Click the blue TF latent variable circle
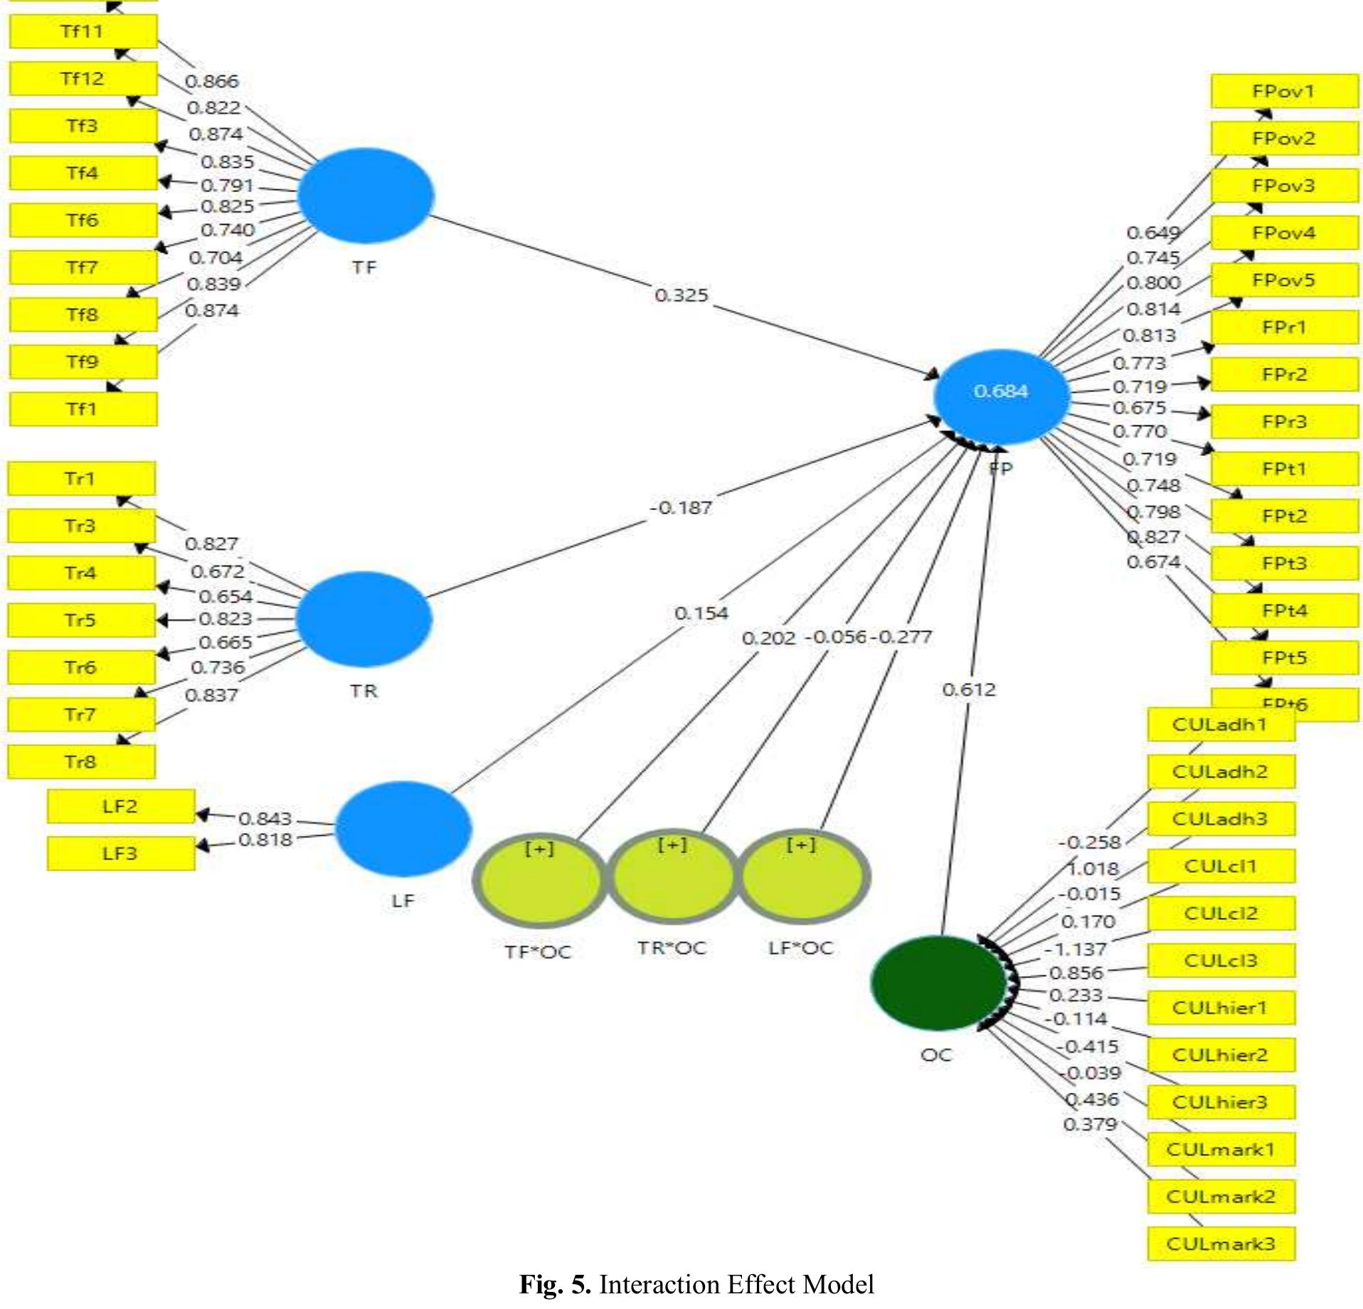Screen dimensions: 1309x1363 coord(364,196)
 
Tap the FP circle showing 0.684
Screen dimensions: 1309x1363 coord(1001,396)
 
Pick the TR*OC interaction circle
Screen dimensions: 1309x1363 coord(672,876)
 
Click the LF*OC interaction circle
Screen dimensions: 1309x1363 coord(802,876)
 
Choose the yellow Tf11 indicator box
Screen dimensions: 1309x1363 coord(83,31)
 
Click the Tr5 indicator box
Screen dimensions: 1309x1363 coord(81,620)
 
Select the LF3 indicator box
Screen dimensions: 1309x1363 coord(120,853)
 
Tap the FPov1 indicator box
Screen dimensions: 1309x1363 coord(1284,91)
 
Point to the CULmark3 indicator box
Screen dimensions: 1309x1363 coord(1221,1244)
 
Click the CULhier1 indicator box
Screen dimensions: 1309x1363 coord(1221,1007)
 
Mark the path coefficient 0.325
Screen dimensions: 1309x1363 coord(681,295)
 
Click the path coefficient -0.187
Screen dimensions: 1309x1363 coord(681,508)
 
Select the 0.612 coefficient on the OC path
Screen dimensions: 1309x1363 coord(969,689)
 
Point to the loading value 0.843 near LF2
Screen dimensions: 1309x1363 coord(265,818)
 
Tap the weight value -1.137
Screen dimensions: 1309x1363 coord(1076,949)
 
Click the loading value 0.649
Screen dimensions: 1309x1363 coord(1153,233)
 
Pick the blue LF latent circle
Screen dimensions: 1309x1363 coord(403,828)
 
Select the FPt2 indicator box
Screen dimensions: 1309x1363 coord(1284,516)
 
